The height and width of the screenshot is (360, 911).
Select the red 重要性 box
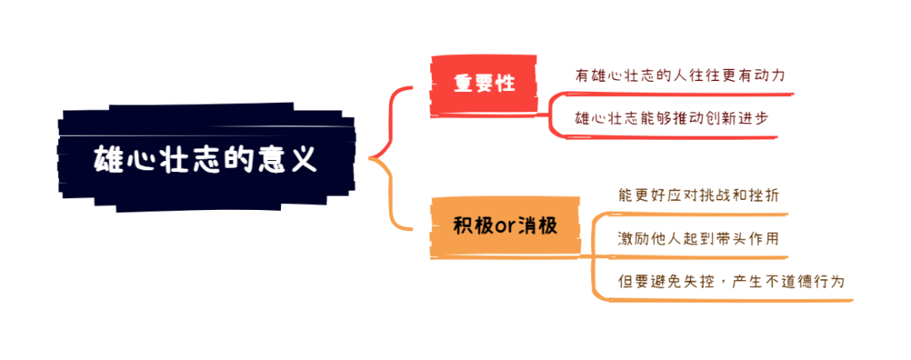[483, 83]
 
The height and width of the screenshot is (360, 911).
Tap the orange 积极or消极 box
[505, 226]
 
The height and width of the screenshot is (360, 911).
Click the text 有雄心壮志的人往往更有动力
[680, 75]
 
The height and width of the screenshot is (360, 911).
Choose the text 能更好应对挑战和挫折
[698, 195]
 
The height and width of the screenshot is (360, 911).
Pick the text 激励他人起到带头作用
[698, 239]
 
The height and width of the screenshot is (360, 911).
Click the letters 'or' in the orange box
[504, 227]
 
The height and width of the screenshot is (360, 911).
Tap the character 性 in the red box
[505, 83]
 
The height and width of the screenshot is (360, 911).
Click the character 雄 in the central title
[106, 159]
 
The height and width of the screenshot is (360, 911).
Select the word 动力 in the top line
[774, 75]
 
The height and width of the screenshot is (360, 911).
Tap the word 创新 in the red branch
[720, 118]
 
